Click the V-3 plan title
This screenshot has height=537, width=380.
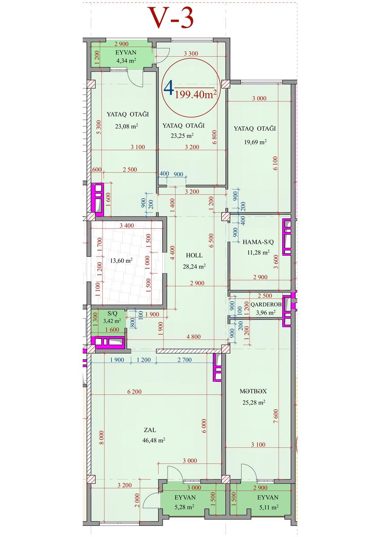point(172,18)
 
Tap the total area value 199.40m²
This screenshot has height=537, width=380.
point(196,94)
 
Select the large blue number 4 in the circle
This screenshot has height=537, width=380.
point(169,88)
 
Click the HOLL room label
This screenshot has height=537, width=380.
point(194,256)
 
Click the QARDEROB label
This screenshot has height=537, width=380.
point(266,304)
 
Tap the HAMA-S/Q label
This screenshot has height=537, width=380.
point(258,242)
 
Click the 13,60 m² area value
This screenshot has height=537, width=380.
point(121,260)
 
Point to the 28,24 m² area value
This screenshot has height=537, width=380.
point(194,266)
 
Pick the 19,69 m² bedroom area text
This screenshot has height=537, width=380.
point(255,142)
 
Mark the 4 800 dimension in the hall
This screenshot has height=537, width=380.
point(193,337)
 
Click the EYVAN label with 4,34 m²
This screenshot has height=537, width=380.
point(126,52)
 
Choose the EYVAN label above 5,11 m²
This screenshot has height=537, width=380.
point(268,497)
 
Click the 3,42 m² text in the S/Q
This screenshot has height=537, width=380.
point(112,321)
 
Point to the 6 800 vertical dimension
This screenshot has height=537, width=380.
point(214,137)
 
